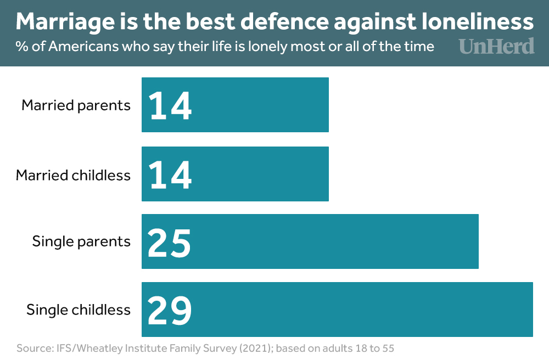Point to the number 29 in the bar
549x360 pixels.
[x=170, y=310]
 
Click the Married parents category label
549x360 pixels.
[x=76, y=105]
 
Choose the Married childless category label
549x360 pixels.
[x=73, y=175]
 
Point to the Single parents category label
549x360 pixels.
[x=81, y=241]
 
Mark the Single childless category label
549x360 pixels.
[x=79, y=310]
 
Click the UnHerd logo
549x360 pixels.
[x=496, y=46]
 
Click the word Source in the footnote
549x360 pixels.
[x=34, y=348]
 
